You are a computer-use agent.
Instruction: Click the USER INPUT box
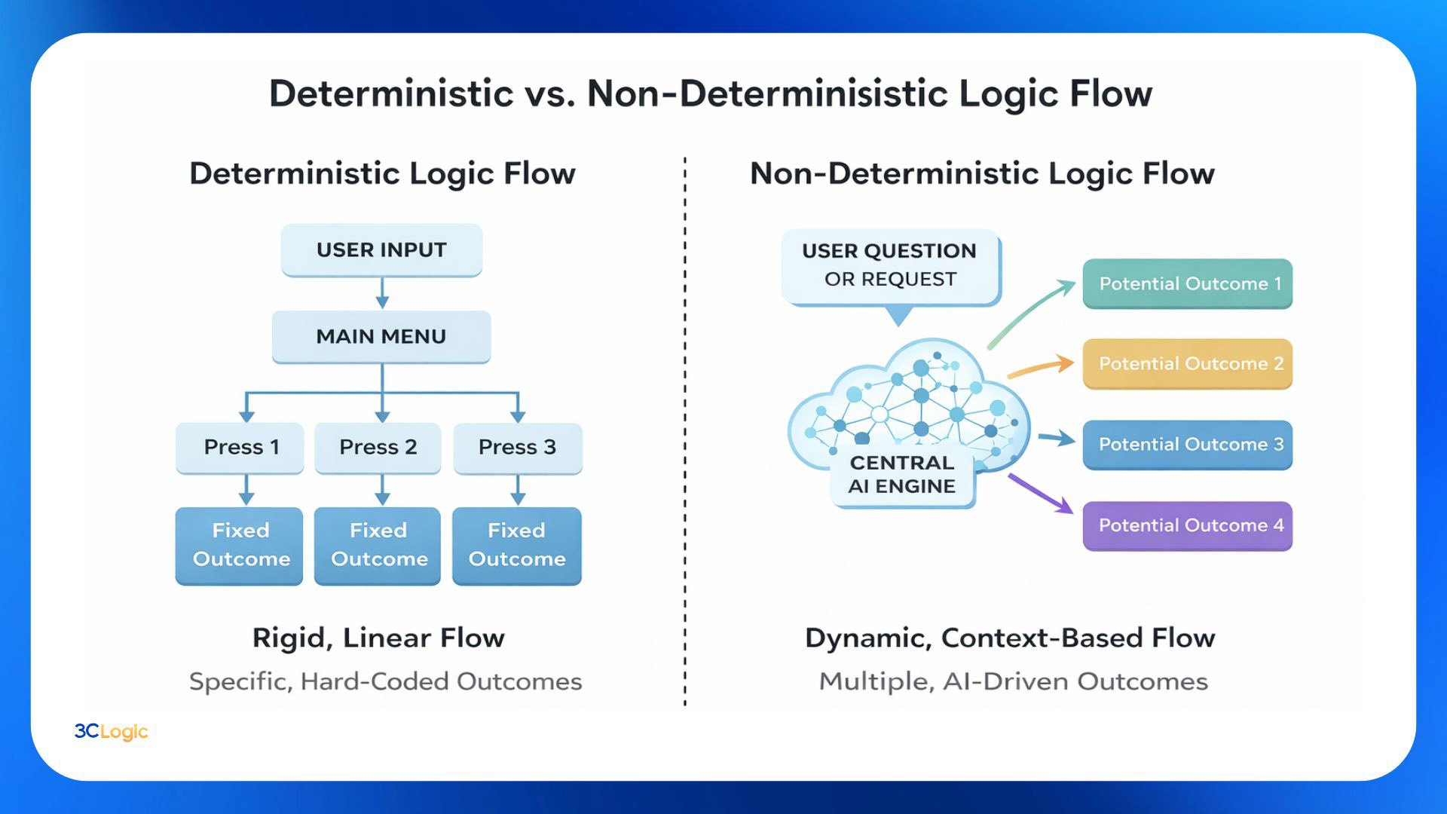(x=381, y=250)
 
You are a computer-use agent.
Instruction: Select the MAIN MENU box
(x=381, y=337)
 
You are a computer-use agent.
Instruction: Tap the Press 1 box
(x=240, y=448)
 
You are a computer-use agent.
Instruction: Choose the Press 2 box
(x=378, y=448)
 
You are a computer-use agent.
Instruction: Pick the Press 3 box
(x=518, y=448)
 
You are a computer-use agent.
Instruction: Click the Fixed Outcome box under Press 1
(x=240, y=545)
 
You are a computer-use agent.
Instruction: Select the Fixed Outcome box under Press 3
(x=517, y=545)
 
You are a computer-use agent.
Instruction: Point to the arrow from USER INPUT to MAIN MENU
(x=382, y=293)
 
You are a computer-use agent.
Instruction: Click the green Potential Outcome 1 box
(x=1188, y=284)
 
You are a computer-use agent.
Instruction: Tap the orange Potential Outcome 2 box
(x=1188, y=364)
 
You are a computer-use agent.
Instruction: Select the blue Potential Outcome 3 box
(x=1188, y=445)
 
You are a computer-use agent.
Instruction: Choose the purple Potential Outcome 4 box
(x=1188, y=525)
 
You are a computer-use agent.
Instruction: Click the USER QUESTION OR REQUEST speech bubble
(x=890, y=266)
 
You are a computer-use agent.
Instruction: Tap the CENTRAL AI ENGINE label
(x=902, y=475)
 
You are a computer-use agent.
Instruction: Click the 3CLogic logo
(x=111, y=731)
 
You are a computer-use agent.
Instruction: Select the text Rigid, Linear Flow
(x=378, y=638)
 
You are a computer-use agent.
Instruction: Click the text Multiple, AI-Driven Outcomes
(x=1013, y=681)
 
